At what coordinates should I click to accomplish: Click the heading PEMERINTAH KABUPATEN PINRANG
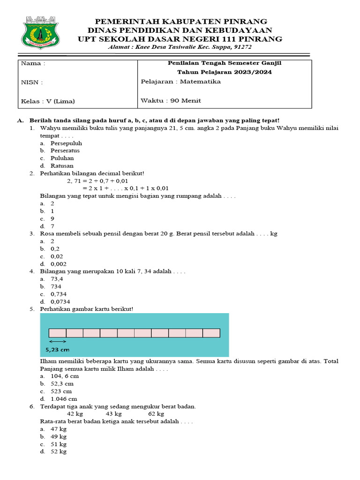pos(181,22)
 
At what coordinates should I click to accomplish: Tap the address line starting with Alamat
pos(180,47)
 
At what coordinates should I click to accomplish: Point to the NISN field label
pos(32,82)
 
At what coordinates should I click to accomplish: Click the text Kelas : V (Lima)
pos(48,101)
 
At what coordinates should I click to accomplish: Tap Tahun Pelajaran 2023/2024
pos(224,72)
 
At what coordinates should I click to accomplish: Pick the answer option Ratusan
pos(62,165)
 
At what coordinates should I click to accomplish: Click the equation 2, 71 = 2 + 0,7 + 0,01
pos(97,180)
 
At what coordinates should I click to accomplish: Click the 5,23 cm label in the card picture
pos(58,350)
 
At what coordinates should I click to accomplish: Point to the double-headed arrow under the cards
pos(58,342)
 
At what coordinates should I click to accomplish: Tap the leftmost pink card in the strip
pos(57,333)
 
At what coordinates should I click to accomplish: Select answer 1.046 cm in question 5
pos(64,398)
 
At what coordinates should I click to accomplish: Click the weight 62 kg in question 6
pos(156,414)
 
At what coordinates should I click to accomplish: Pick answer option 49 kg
pos(59,436)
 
